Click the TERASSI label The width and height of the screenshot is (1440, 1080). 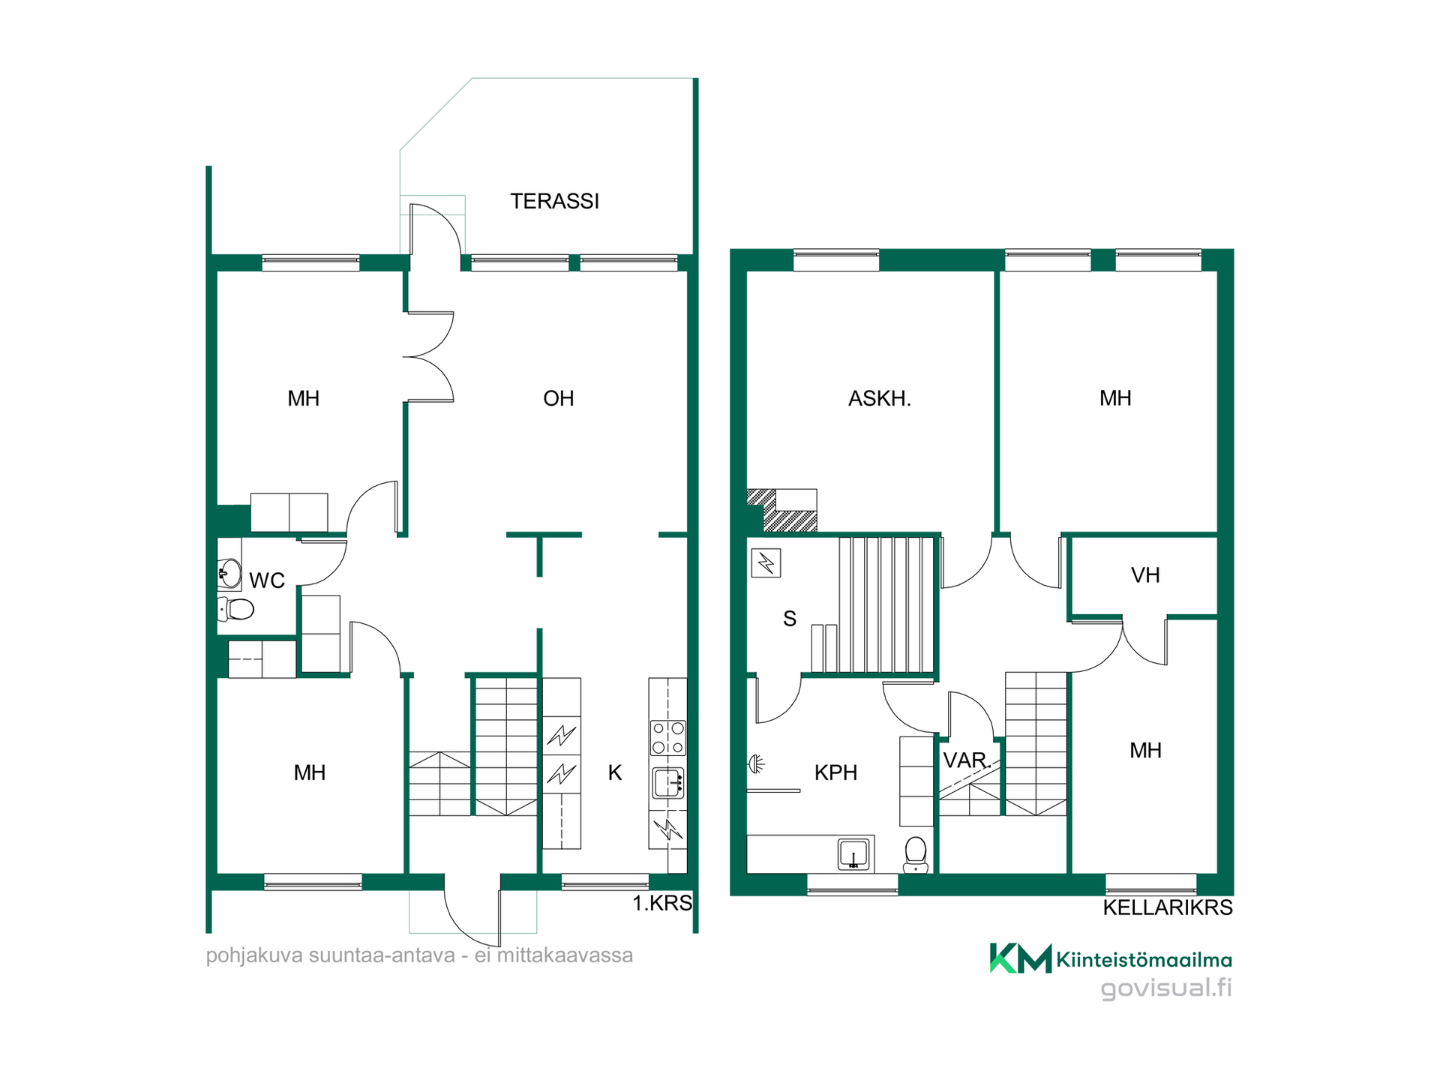[x=555, y=201]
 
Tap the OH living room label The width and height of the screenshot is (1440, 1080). [x=559, y=398]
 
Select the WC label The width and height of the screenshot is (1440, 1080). [x=267, y=580]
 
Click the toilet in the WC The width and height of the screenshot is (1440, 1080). [x=236, y=608]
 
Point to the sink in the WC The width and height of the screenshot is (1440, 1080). [x=229, y=574]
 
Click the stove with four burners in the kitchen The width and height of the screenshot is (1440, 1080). [x=667, y=737]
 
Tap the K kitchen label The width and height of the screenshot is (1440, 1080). [x=615, y=772]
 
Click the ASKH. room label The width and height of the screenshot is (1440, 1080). [x=880, y=398]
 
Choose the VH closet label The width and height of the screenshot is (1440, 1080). [x=1145, y=575]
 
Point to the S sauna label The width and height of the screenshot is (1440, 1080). [x=790, y=619]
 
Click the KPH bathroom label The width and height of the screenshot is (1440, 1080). [x=835, y=772]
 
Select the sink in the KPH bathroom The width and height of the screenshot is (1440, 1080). [x=854, y=854]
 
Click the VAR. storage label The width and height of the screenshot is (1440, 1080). [x=967, y=760]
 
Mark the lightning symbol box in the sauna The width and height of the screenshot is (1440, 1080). [x=766, y=562]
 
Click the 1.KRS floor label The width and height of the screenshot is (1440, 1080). [x=662, y=903]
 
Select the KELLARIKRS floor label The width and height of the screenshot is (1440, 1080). [x=1168, y=907]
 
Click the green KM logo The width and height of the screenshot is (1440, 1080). [x=1021, y=958]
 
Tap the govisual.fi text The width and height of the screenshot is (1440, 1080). [x=1166, y=988]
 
